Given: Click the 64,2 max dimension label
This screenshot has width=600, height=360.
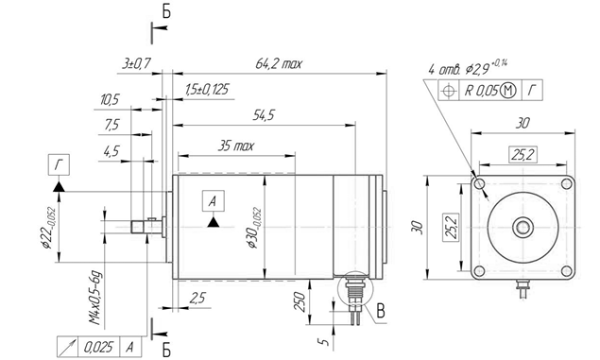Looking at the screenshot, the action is coord(279,63).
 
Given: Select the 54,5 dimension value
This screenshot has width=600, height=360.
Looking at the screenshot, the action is coord(264,115).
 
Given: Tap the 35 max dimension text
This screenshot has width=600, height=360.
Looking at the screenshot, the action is coord(235,146).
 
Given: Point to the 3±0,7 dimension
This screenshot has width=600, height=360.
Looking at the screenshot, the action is coord(137,63).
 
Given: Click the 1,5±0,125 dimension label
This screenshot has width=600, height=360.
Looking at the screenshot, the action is coord(207,90).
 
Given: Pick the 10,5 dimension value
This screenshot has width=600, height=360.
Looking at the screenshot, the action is coord(110,100).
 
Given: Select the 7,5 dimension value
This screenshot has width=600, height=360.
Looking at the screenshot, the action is coord(111,125).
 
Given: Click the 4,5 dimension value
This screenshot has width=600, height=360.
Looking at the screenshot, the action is coord(111,151).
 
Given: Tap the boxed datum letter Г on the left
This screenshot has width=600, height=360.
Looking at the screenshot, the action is coord(59,165).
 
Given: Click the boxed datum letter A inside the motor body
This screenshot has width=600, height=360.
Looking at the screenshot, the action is coord(214,201).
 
